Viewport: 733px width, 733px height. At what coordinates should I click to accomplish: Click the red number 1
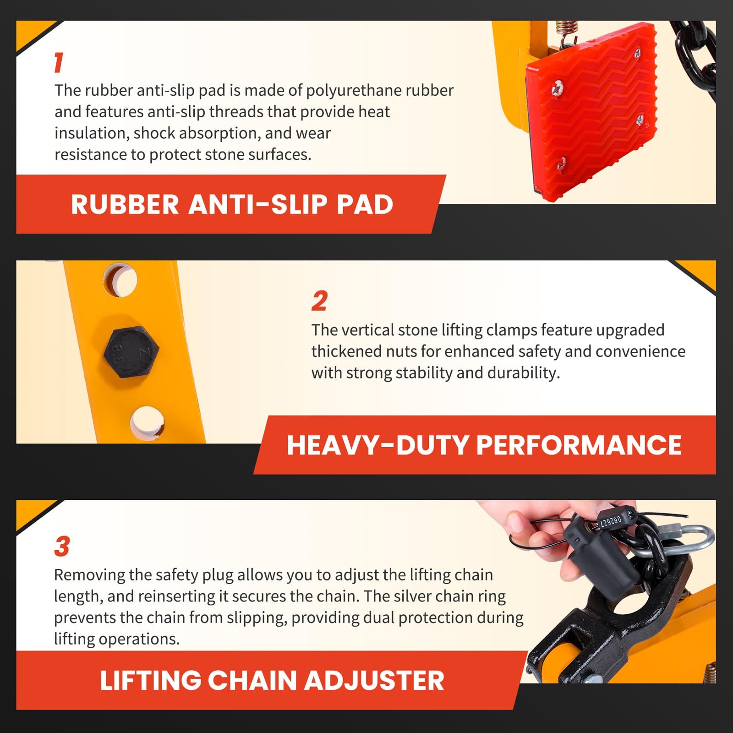59,62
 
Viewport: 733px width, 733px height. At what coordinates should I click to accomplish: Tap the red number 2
319,301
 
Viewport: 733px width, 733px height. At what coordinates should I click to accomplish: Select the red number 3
62,546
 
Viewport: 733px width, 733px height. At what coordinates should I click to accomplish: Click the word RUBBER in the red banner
125,204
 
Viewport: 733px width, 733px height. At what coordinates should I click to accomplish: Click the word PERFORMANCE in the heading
579,445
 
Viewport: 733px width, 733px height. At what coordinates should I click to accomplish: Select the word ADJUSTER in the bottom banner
374,680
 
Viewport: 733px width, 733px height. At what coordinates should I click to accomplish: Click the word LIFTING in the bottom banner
150,680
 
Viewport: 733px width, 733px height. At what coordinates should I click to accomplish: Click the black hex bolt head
131,352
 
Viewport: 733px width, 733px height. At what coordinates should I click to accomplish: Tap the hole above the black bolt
120,279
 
